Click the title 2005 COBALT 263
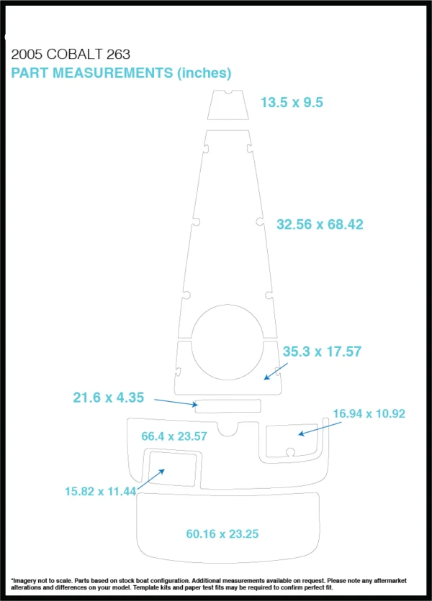[71, 55]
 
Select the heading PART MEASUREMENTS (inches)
[121, 73]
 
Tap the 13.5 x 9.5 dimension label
[292, 102]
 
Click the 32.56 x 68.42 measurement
[320, 224]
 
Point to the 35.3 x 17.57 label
[322, 352]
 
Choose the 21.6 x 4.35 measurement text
[109, 398]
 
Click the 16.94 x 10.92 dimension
[369, 413]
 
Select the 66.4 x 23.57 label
[174, 436]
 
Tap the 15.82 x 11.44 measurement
[101, 492]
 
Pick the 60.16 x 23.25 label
[222, 534]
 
